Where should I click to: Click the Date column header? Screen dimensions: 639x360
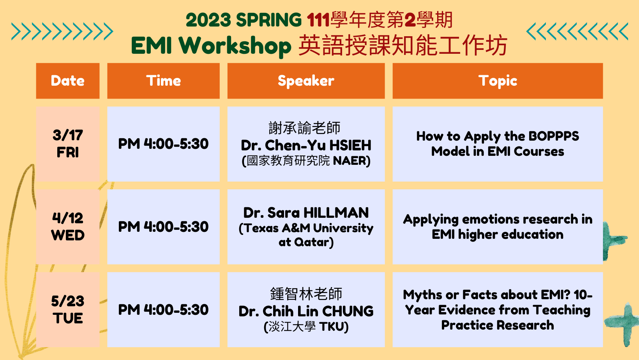pyautogui.click(x=68, y=81)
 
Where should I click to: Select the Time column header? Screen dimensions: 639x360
pyautogui.click(x=164, y=81)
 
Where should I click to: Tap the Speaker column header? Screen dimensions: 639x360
pyautogui.click(x=306, y=81)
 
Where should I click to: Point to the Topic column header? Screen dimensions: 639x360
pyautogui.click(x=498, y=81)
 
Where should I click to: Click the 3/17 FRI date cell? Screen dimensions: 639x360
pyautogui.click(x=68, y=144)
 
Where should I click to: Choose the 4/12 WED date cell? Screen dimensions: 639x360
pyautogui.click(x=68, y=227)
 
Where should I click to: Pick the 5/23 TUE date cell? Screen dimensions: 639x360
pyautogui.click(x=68, y=309)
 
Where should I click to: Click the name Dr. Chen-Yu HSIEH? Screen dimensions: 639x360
pyautogui.click(x=306, y=145)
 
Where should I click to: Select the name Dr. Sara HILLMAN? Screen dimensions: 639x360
pyautogui.click(x=306, y=213)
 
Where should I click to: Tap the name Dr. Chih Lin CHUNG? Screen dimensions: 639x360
pyautogui.click(x=306, y=311)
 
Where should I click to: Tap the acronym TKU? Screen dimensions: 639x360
pyautogui.click(x=332, y=327)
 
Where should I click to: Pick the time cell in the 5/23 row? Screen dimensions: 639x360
pyautogui.click(x=164, y=309)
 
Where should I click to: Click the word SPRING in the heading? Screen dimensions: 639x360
pyautogui.click(x=269, y=20)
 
